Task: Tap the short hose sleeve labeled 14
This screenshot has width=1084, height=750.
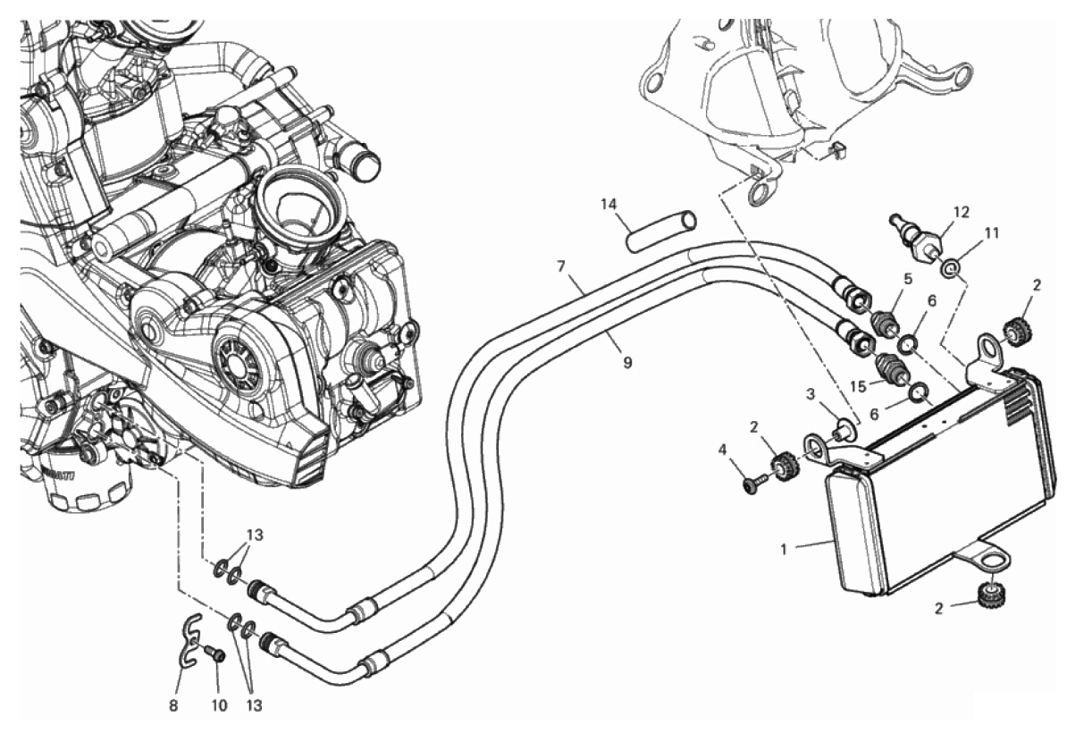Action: [660, 230]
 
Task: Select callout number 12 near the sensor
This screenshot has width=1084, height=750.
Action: [961, 213]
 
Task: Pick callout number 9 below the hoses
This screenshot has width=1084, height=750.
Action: [627, 363]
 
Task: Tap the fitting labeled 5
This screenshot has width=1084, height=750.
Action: [886, 321]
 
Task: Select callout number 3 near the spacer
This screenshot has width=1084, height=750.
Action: [811, 394]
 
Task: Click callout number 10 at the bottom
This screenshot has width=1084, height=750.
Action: [219, 705]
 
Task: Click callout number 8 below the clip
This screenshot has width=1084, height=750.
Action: [173, 705]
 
